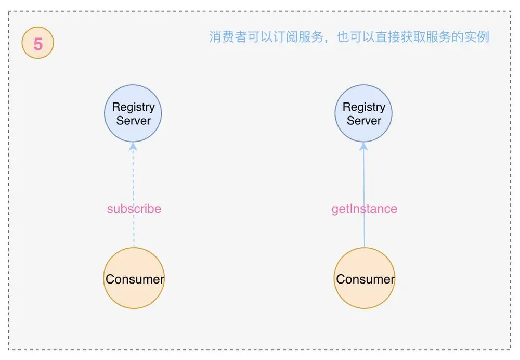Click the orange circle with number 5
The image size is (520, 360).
coord(38,43)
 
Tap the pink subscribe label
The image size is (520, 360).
coord(134,209)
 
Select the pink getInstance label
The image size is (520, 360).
coord(365,209)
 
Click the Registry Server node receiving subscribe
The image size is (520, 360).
coord(134,113)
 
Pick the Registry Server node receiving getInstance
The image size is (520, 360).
coord(363,113)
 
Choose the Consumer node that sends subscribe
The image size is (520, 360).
coord(134,278)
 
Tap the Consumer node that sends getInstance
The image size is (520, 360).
coord(365,278)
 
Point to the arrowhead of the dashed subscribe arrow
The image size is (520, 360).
coord(134,147)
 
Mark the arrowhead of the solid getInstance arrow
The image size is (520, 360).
coord(364,147)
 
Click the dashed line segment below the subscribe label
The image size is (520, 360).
coord(134,232)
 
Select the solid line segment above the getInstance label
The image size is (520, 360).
coord(364,174)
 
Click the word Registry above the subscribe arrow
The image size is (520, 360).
coord(134,107)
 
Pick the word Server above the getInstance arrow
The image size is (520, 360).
coord(364,121)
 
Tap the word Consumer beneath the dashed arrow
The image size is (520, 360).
coord(135,279)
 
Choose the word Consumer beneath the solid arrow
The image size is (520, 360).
coord(365,279)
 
